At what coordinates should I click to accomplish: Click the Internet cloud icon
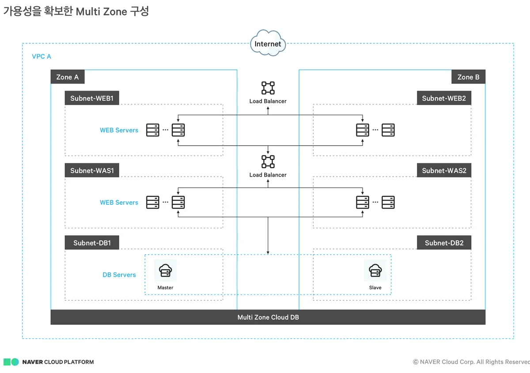pos(268,43)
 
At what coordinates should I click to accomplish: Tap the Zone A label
pos(68,77)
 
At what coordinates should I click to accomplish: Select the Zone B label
pos(468,77)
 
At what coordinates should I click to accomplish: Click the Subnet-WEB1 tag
pos(92,98)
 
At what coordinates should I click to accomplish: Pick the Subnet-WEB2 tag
pos(444,98)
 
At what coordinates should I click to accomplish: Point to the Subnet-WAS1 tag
pos(92,170)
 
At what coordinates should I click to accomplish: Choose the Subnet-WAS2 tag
pos(444,170)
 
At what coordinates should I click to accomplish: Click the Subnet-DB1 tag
pos(92,242)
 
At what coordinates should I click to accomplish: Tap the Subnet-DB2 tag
pos(444,242)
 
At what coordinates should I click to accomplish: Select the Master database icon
pos(165,270)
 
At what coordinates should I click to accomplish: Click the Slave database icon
pos(375,270)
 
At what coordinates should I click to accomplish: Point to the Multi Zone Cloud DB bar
pos(268,317)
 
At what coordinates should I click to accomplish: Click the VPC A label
pos(42,57)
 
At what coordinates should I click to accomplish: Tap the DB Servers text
pos(119,275)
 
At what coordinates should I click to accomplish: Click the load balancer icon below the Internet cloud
pos(268,88)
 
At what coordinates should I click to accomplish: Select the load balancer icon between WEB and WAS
pos(268,162)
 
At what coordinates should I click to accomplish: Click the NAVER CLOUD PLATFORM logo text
pos(58,362)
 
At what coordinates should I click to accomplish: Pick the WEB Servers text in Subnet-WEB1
pos(119,130)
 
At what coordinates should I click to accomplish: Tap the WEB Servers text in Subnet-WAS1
pos(119,203)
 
